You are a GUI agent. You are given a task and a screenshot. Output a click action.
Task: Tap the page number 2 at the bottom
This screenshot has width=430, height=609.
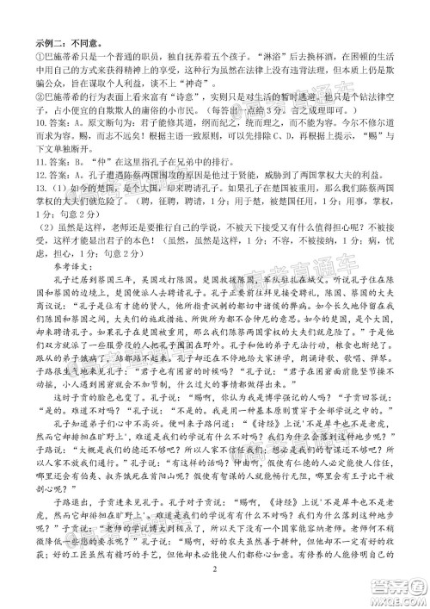[x=217, y=593]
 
